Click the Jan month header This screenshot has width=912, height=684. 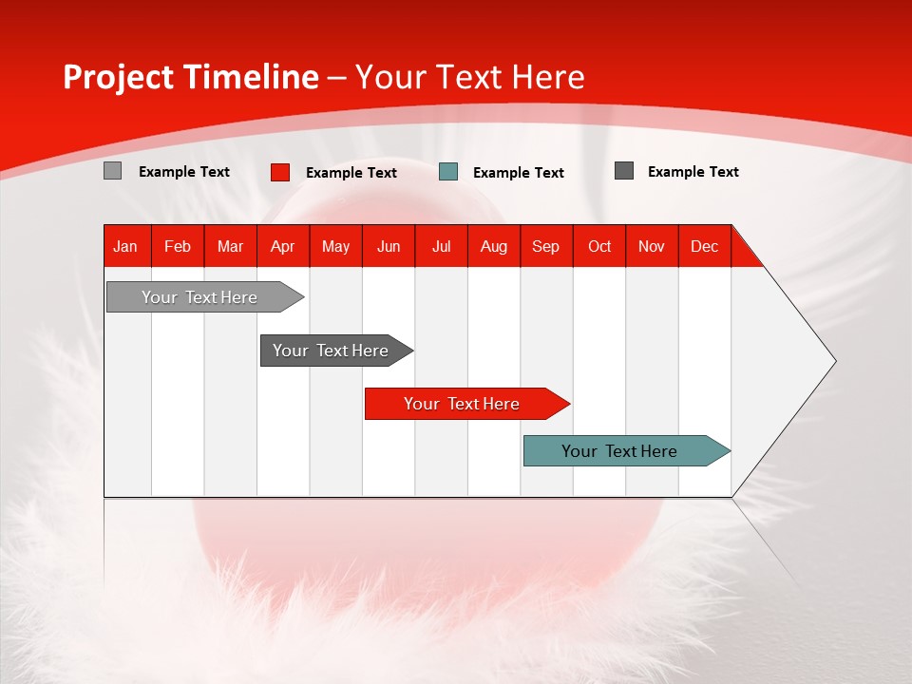[125, 246]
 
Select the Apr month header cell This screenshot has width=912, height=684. [282, 246]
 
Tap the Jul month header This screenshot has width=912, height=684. [441, 246]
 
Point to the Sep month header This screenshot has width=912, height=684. [545, 246]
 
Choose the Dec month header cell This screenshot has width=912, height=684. [704, 246]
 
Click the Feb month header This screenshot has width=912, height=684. [178, 246]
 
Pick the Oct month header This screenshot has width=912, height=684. [599, 246]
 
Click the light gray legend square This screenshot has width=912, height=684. [112, 171]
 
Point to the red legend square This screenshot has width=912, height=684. [280, 172]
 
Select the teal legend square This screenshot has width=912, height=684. [448, 172]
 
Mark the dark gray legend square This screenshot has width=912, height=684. [624, 171]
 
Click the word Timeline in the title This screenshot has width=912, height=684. [250, 77]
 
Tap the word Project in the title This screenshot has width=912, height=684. [117, 77]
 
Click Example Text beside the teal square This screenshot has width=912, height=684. [518, 173]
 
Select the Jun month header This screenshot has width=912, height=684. [389, 246]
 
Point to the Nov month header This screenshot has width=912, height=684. [652, 246]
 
